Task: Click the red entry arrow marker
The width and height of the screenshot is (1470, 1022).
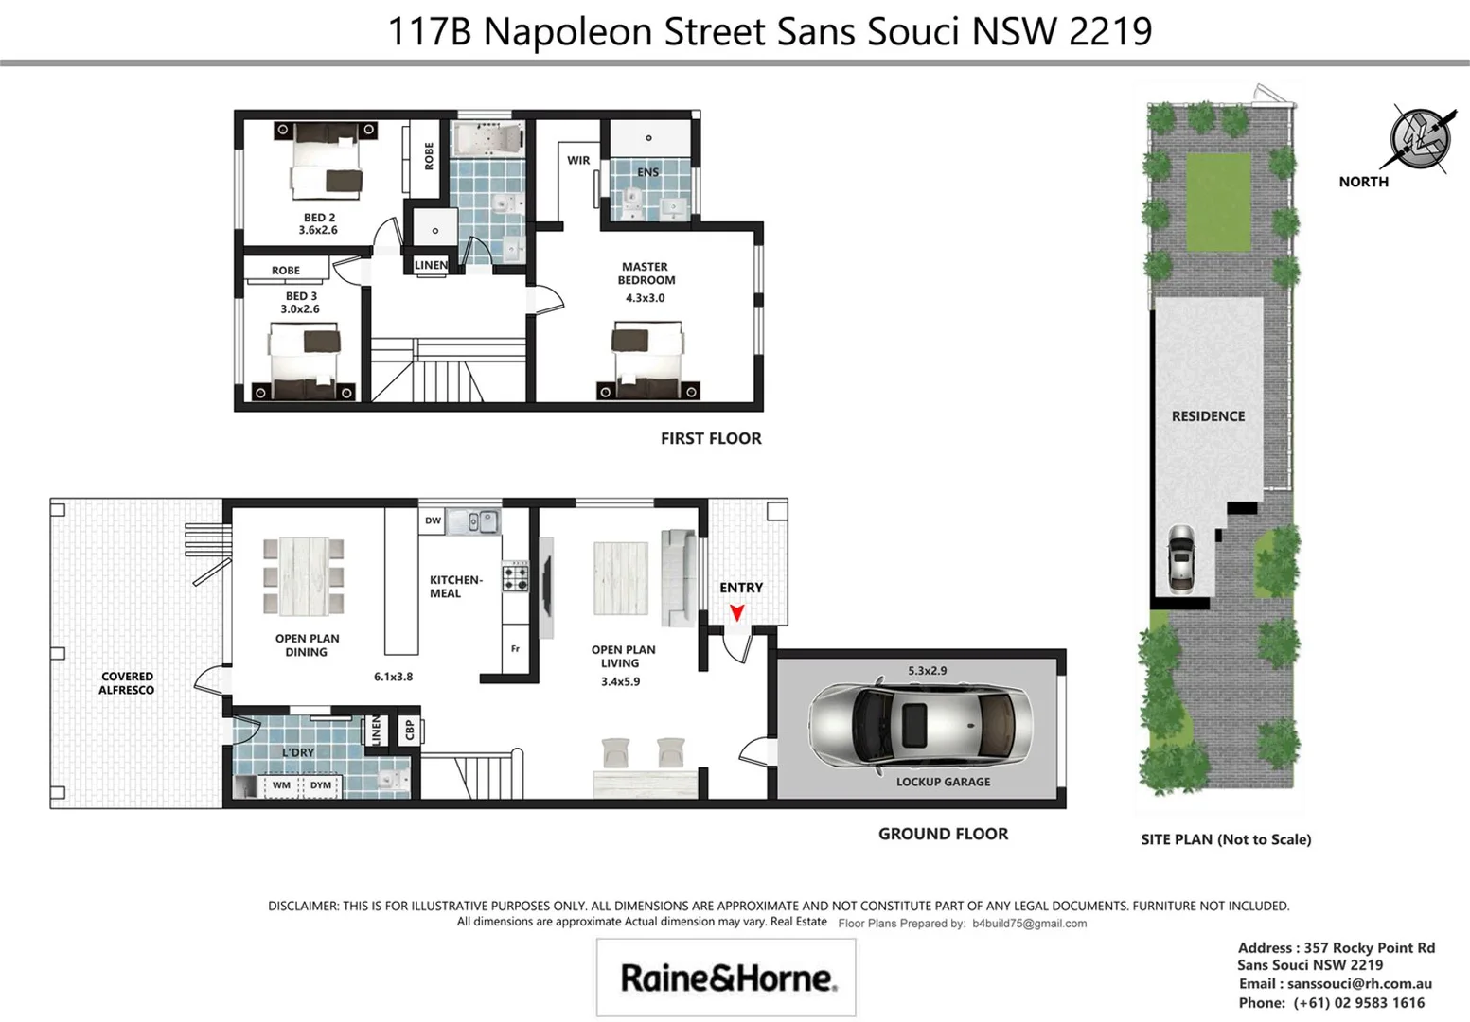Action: tap(736, 613)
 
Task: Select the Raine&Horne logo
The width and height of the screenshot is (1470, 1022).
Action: tap(727, 978)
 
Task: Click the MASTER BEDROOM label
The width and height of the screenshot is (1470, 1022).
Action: tap(646, 273)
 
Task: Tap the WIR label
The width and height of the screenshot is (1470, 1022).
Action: tap(578, 161)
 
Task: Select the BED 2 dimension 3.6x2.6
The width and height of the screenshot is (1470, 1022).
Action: tap(318, 230)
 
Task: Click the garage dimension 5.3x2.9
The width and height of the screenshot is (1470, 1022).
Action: tap(927, 671)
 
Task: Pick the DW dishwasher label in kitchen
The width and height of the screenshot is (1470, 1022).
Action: tap(433, 520)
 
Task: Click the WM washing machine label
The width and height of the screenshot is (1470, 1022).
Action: tap(281, 785)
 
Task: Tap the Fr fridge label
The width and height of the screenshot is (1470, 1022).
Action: tap(515, 649)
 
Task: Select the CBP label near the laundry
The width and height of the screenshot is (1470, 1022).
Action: tap(410, 730)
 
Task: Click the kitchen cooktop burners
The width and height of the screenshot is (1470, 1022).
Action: tap(516, 576)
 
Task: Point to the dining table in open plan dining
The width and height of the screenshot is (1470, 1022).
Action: tap(303, 577)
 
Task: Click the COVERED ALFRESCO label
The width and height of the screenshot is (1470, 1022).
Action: tap(127, 683)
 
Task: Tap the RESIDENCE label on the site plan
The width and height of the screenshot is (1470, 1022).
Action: tap(1208, 416)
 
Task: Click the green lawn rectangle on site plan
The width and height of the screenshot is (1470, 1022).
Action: tap(1218, 203)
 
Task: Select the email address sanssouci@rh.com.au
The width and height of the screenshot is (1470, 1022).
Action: tap(1359, 984)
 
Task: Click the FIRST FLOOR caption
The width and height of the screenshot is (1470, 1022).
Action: tap(711, 438)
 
